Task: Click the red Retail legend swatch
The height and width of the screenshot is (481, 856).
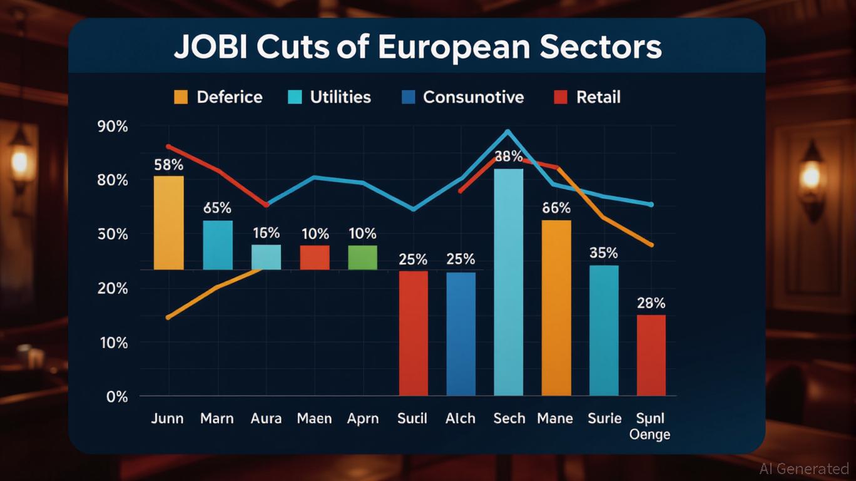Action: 561,97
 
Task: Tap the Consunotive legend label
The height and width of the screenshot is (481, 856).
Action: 473,97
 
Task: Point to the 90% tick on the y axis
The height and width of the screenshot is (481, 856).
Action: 113,126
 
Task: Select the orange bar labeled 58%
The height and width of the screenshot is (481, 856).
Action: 169,222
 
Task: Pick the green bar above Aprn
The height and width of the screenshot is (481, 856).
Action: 362,257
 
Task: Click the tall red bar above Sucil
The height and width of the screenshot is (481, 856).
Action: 414,333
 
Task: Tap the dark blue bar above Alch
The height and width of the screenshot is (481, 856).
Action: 461,333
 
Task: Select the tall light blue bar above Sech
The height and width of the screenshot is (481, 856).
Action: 508,282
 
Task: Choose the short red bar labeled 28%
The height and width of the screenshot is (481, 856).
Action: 651,354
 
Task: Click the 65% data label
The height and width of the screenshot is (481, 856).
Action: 217,208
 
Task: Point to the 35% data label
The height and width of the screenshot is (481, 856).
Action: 603,253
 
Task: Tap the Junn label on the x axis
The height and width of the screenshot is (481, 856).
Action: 167,418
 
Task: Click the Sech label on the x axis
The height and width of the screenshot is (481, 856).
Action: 509,418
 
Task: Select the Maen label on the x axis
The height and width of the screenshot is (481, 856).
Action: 314,418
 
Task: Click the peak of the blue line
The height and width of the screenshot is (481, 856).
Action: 507,132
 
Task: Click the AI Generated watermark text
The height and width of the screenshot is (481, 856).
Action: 804,468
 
